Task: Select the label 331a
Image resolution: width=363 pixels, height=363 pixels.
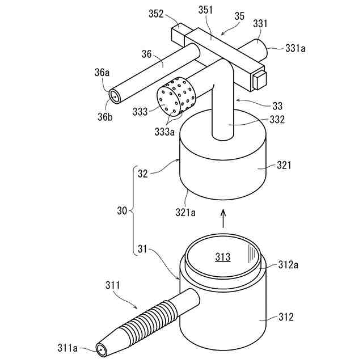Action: pyautogui.click(x=296, y=49)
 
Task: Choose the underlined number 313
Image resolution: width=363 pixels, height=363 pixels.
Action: pyautogui.click(x=222, y=257)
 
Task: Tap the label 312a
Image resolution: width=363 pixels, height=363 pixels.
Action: pyautogui.click(x=290, y=264)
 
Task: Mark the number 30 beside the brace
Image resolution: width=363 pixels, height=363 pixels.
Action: pyautogui.click(x=121, y=211)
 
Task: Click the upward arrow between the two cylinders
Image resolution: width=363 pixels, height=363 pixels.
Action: pyautogui.click(x=222, y=218)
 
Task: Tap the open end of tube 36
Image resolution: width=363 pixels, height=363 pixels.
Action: pyautogui.click(x=115, y=96)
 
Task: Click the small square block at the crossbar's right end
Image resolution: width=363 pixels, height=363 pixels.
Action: pyautogui.click(x=259, y=80)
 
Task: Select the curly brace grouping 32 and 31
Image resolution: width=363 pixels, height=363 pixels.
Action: pyautogui.click(x=134, y=211)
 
